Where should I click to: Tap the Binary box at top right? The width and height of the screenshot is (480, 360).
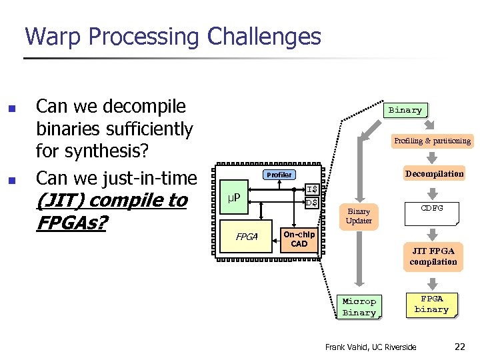coord(405,110)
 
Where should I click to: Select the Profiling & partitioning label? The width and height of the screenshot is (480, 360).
coord(432,141)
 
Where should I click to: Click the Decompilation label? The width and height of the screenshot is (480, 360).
coord(434,174)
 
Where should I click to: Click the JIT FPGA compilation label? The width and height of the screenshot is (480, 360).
coord(433,256)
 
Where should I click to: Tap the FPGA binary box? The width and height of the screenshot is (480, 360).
coord(431,304)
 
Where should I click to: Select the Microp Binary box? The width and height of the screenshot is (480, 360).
coord(359,307)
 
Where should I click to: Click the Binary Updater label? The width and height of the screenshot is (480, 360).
coord(359,216)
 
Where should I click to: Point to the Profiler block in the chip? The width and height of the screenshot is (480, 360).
coord(279,175)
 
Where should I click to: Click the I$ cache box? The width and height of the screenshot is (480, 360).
coord(311,189)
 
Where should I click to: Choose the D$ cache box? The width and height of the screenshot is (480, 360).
coord(311,203)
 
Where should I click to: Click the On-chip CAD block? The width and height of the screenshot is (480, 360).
coord(299,239)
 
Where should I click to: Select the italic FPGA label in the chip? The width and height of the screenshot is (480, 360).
coord(247,237)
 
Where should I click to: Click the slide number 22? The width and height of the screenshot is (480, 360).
coord(460,347)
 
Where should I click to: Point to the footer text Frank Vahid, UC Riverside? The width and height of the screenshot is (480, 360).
coord(370,347)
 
